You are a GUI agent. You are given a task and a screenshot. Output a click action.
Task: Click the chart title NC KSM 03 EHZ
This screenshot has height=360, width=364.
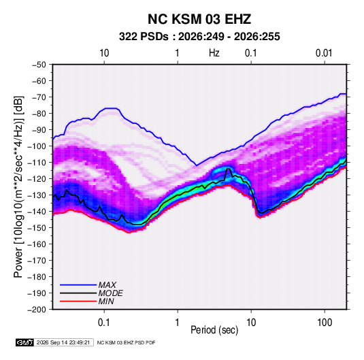tap(199, 19)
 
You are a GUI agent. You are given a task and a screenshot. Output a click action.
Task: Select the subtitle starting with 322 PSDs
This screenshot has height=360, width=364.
tap(199, 37)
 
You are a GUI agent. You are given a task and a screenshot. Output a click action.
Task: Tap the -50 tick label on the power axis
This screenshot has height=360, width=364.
tap(39, 65)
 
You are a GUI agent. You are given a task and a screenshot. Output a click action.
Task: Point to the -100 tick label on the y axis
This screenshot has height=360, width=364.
tap(37, 146)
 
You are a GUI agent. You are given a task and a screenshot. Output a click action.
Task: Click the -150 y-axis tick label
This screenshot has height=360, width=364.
tap(37, 228)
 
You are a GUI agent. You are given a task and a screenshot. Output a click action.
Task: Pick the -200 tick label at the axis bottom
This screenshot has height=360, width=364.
tap(37, 310)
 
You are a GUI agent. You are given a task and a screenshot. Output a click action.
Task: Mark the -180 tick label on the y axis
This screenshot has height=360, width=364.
tap(37, 277)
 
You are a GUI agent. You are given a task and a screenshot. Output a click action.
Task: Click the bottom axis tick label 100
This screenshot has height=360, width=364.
tap(325, 323)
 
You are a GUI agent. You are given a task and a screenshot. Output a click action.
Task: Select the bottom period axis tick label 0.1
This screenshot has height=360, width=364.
tap(104, 323)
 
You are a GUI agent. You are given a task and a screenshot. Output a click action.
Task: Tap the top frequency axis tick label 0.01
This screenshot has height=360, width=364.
tap(324, 53)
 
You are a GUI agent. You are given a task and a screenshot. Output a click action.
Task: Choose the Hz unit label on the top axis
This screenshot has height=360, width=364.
tap(214, 53)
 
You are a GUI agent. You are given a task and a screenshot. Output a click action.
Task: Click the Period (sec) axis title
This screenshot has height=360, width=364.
tap(214, 330)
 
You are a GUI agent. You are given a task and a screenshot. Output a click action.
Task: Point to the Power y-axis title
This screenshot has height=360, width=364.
tap(18, 186)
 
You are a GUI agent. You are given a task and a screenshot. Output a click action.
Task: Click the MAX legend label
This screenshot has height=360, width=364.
tap(107, 284)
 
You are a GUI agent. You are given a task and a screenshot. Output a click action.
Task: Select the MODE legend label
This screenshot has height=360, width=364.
tap(110, 293)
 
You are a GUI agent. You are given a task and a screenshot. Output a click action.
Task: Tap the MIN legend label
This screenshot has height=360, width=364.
tap(106, 301)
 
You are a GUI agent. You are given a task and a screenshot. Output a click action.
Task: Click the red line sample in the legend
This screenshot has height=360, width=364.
tap(78, 301)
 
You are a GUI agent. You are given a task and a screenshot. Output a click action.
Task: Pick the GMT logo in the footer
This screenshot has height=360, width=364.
tap(24, 342)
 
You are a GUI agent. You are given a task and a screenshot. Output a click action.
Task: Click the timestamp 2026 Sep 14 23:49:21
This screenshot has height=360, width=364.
tap(63, 342)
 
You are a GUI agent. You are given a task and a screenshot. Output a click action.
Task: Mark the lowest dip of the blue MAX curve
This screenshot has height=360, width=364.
tap(197, 165)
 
